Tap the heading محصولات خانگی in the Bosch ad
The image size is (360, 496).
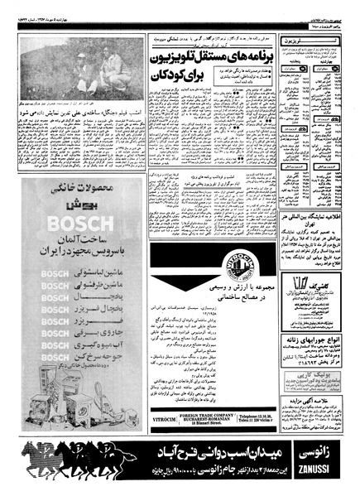(x=73, y=190)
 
